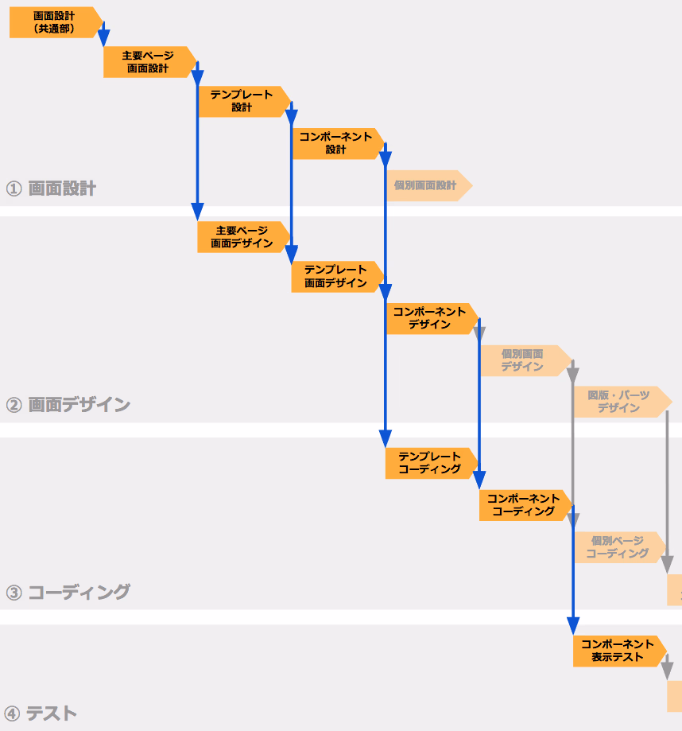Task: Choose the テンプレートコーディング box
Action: point(432,463)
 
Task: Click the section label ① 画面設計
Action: point(51,189)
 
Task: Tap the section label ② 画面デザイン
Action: point(68,405)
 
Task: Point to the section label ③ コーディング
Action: point(68,592)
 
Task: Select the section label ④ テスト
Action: point(40,714)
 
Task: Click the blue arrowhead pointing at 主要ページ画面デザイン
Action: point(197,212)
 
